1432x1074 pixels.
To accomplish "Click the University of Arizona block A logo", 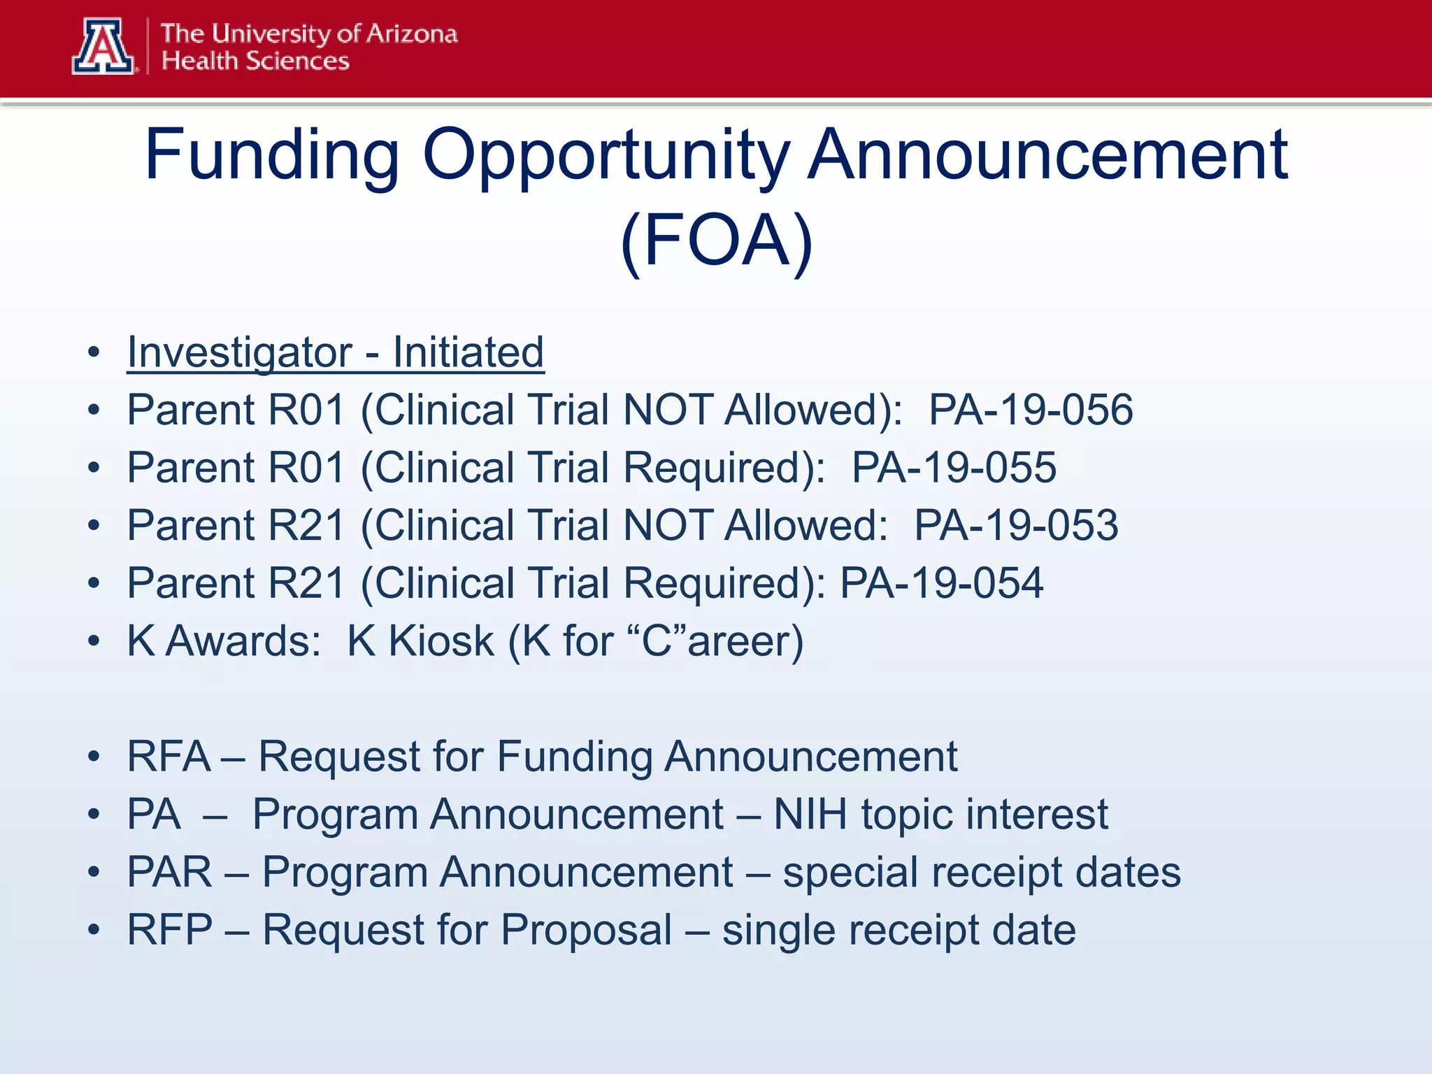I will tap(103, 46).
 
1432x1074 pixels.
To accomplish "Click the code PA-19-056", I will tap(1030, 410).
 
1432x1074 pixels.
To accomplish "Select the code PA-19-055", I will tap(953, 468).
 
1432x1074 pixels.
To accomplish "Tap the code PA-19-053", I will tap(1016, 526).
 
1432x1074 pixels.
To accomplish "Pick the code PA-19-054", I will tap(941, 584).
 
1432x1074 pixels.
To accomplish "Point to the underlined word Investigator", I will tap(239, 352).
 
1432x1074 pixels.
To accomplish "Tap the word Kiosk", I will tap(441, 641).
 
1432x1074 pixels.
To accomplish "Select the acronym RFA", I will tap(169, 757).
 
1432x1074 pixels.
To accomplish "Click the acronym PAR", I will tap(169, 872).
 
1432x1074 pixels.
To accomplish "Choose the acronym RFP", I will tap(169, 930).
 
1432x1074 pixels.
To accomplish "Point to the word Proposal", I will tap(586, 931).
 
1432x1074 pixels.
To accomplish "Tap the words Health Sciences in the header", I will tap(255, 62).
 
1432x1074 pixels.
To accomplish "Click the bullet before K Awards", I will tap(94, 641).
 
